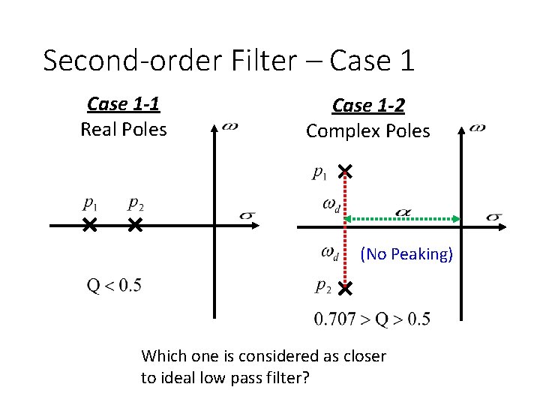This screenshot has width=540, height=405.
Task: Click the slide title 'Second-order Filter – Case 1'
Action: [229, 60]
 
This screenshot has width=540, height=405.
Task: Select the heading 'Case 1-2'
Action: [367, 106]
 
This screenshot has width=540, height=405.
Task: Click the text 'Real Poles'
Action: [124, 129]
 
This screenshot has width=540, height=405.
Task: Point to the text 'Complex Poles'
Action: [367, 131]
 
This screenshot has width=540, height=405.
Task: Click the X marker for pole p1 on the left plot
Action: [89, 224]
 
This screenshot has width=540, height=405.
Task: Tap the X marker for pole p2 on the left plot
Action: [135, 224]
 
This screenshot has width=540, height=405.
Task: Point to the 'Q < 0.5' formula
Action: [114, 285]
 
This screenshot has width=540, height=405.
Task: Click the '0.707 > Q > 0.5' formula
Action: [373, 319]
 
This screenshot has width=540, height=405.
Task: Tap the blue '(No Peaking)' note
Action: [406, 254]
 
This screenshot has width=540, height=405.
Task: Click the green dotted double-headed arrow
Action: [405, 218]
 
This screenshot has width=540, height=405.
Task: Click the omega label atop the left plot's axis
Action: [230, 126]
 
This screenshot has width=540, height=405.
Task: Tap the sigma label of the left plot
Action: [247, 215]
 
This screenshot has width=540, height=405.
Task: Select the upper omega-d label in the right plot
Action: [331, 203]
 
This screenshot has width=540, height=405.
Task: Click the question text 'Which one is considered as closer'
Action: [263, 355]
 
